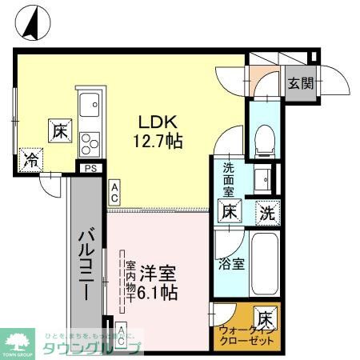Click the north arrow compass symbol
point(30,22)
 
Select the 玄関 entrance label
point(300,82)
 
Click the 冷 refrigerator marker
point(30,159)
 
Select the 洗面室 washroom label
point(228,180)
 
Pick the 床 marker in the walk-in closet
point(265,318)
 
